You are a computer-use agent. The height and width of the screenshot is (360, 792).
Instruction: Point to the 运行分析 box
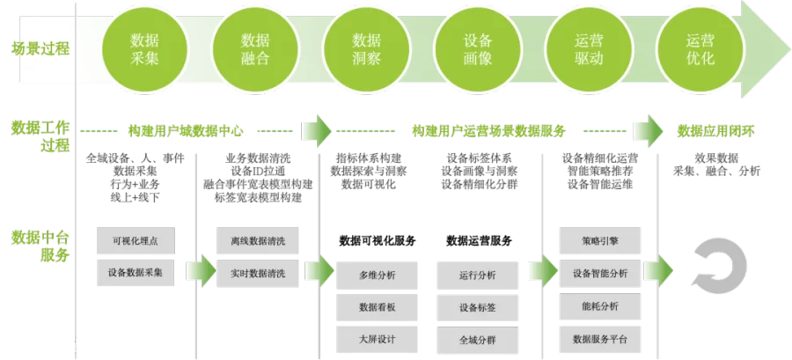tap(478, 275)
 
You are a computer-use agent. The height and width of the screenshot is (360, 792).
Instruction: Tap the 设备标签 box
tap(478, 306)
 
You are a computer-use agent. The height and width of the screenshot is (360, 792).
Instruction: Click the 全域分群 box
tap(478, 338)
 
